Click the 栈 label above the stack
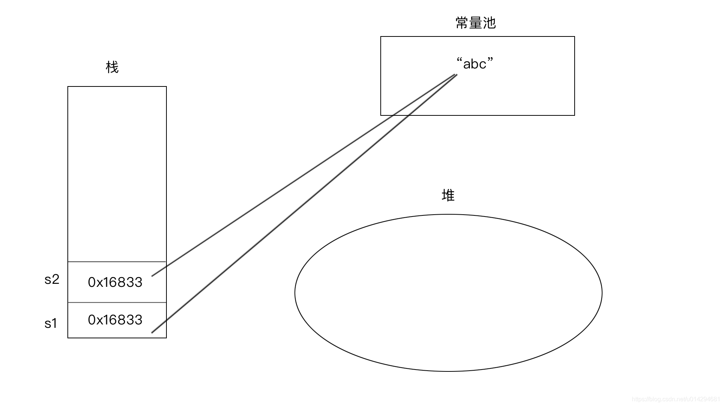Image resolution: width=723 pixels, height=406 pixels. point(112,67)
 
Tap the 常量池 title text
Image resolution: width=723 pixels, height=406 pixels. point(476,23)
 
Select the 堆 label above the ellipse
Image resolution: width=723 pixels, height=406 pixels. point(448,195)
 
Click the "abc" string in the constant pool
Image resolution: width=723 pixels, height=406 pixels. point(474,64)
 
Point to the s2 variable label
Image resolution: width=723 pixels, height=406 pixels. point(52,279)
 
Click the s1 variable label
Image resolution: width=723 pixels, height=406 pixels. point(51,323)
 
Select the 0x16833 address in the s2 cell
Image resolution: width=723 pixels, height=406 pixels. point(115,282)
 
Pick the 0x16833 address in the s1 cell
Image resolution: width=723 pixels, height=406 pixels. point(115,320)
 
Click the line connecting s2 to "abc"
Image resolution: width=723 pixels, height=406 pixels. point(301,177)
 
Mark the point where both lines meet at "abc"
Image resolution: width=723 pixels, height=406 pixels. point(456,75)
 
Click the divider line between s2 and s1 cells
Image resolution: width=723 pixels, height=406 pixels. point(117,302)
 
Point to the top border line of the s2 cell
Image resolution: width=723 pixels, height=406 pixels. point(117,262)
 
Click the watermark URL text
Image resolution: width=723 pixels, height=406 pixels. point(676,399)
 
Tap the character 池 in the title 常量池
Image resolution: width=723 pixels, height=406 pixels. point(490,23)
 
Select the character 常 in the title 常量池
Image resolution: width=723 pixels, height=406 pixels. point(462,23)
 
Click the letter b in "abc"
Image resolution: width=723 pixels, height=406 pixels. point(475,64)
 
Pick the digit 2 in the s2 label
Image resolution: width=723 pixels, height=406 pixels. point(55,279)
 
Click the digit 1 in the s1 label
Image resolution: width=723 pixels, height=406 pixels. point(54,323)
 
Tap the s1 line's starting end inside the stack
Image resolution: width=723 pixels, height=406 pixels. point(152,332)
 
